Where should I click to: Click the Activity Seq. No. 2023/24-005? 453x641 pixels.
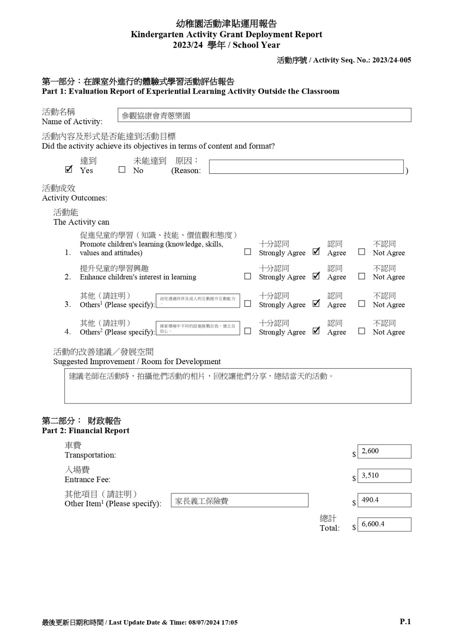(391, 60)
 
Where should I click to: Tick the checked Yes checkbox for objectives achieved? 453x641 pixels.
(69, 169)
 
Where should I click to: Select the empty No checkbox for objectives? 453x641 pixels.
(122, 170)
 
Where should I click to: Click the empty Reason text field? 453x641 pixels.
(306, 167)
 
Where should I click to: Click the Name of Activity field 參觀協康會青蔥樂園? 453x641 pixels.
(264, 115)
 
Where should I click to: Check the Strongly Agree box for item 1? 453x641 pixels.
(248, 252)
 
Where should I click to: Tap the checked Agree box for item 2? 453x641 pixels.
(316, 276)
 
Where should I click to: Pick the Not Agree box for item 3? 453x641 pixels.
(362, 304)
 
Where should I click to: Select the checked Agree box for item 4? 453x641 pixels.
(316, 331)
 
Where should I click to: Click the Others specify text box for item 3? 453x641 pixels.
(198, 301)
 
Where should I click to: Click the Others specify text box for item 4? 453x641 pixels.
(198, 328)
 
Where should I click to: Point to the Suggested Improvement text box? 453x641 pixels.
(238, 386)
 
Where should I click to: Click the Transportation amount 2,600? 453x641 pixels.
(384, 452)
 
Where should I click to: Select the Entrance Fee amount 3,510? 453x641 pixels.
(384, 476)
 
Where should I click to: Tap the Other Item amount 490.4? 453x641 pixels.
(384, 500)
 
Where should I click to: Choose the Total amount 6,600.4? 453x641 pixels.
(384, 524)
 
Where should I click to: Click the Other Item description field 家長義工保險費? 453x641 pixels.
(239, 500)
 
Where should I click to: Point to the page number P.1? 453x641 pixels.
(405, 622)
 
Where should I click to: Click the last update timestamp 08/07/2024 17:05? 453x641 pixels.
(213, 623)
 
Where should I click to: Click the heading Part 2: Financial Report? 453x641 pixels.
(85, 431)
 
